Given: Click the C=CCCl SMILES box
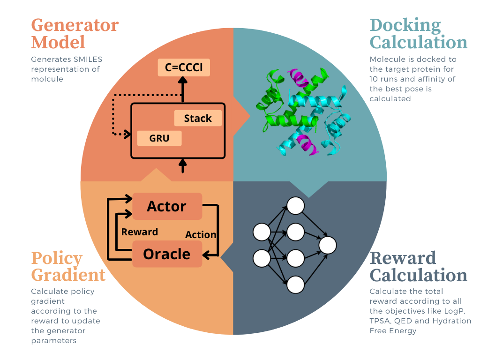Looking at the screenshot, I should point(184,68).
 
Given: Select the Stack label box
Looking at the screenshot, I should point(198,119).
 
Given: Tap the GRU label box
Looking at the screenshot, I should point(159,138).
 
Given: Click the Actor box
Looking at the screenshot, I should point(167,206).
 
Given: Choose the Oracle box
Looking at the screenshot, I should point(167,254).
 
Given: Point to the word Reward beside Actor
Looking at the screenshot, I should point(139,232).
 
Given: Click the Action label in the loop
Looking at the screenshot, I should point(201,234).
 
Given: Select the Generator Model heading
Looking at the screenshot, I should point(75,33).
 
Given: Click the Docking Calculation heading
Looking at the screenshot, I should point(418,33).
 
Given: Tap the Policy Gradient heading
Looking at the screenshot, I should point(68,266).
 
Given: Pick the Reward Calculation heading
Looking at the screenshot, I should point(418,266).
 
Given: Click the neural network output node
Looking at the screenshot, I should point(328,245).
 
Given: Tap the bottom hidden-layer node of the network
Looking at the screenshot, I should point(296,285).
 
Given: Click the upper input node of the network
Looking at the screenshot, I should point(262,232).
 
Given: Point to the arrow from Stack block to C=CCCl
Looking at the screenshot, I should point(183,89).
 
